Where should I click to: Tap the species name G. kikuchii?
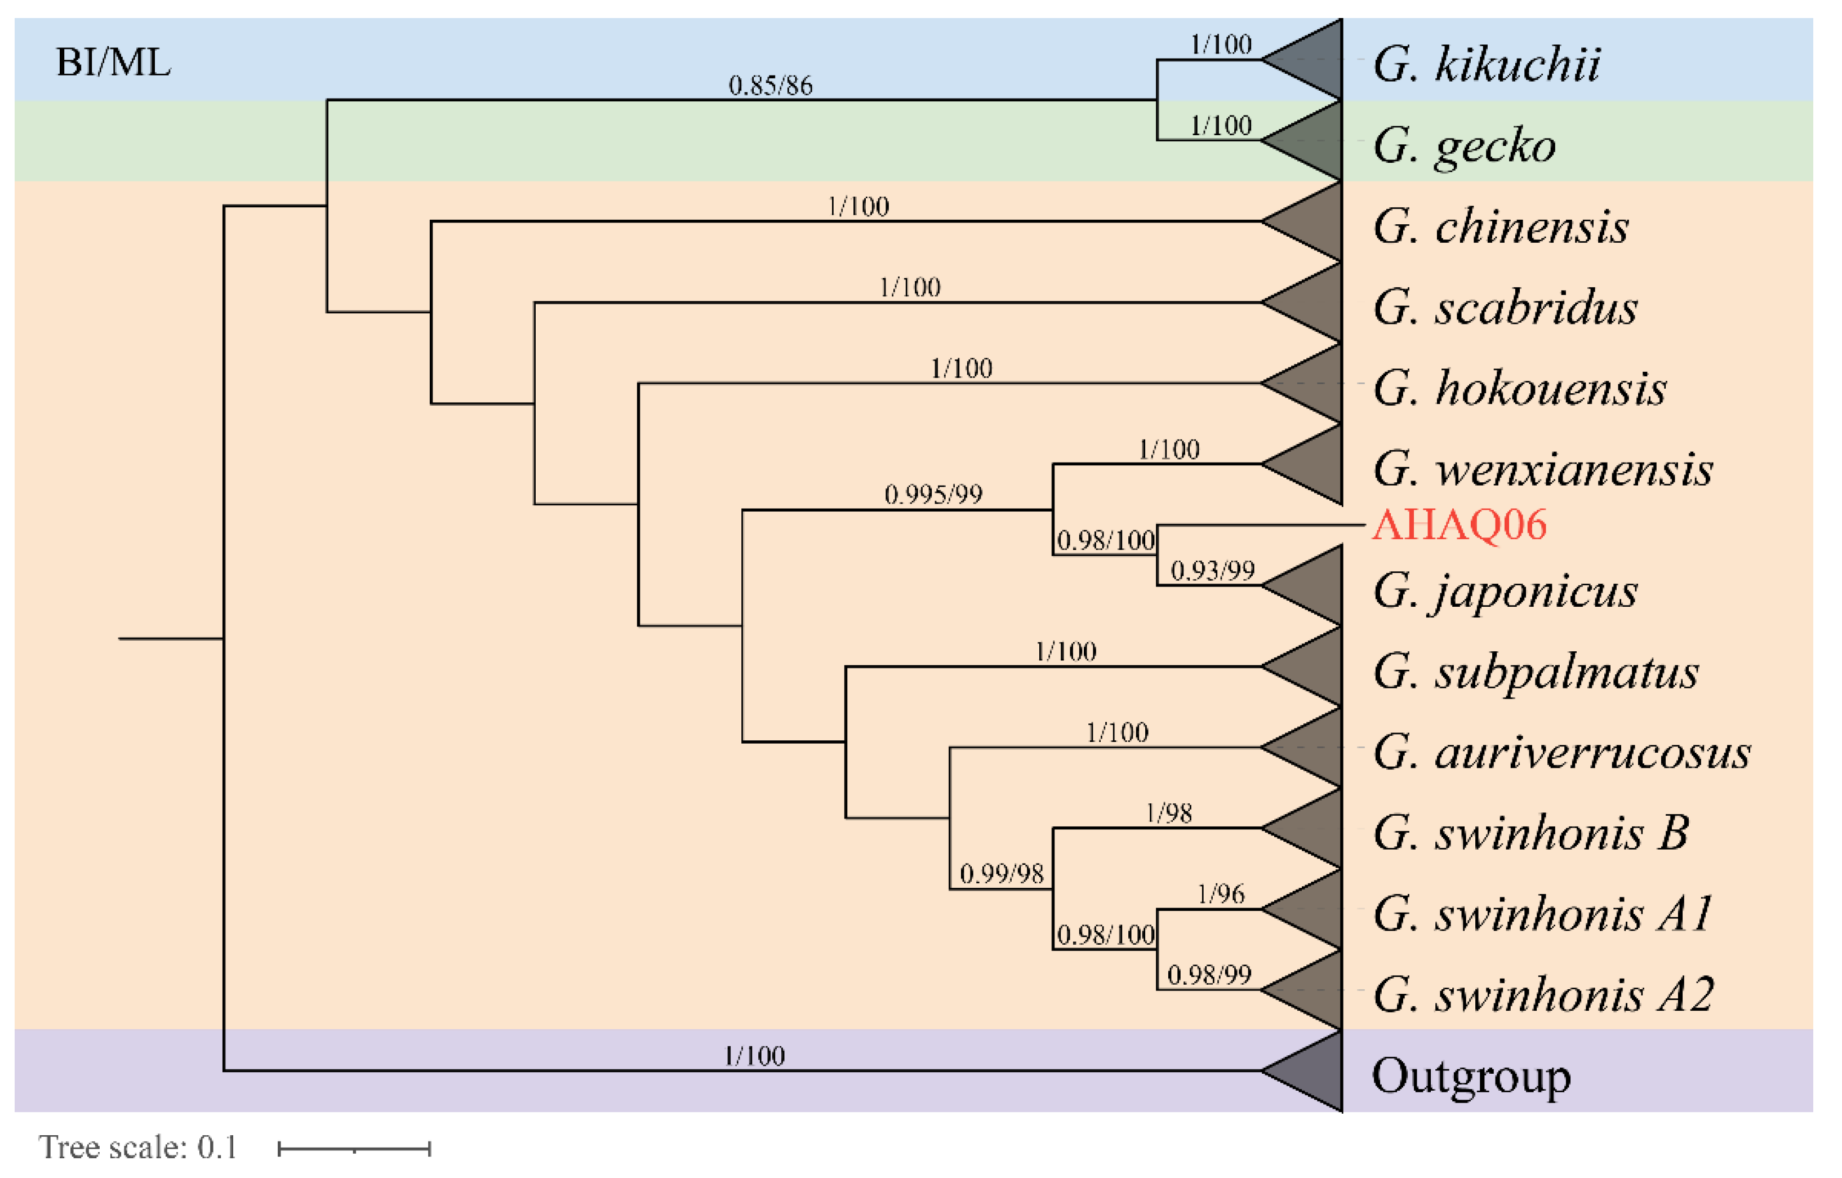coord(1487,64)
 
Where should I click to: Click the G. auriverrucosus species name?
coord(1562,753)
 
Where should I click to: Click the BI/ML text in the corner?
coord(113,63)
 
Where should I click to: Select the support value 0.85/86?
coord(770,86)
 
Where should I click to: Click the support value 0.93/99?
coord(1212,571)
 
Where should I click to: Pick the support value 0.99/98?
coord(1002,874)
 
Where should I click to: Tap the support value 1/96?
coord(1221,893)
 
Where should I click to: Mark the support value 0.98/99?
coord(1209,975)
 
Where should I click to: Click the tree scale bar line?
coord(354,1148)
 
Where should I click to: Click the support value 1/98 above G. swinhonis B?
coord(1169,813)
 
